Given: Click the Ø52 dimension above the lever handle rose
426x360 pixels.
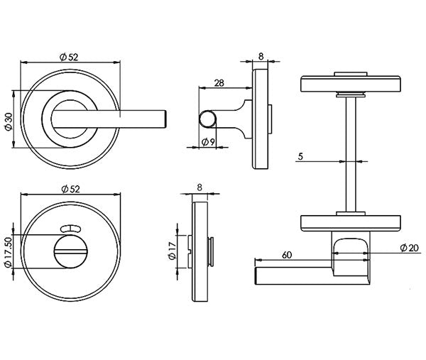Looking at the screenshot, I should coord(69,58).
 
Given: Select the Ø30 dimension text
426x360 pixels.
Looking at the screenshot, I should coord(8,119).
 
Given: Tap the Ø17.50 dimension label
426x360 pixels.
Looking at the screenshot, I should coord(8,252).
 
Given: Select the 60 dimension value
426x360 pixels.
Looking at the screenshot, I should coord(287,254).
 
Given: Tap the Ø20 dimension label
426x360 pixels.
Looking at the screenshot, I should coord(408,247).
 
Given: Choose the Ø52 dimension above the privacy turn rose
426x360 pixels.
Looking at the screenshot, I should coord(69,188).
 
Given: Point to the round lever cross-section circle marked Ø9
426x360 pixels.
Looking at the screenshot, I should coord(209,119).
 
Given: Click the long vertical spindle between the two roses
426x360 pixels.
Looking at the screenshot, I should coord(346,156).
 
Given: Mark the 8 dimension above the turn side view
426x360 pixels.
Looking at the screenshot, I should coord(199,188).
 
